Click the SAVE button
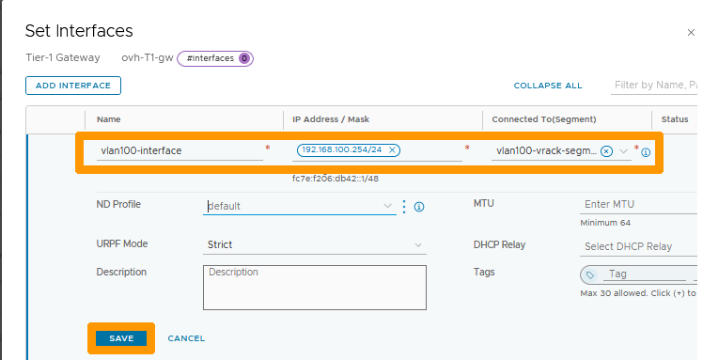point(121,338)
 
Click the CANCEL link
point(186,338)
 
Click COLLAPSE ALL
point(548,86)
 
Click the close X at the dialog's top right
point(692,32)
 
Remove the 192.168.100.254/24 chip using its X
point(393,150)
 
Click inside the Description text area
point(315,287)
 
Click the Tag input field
point(644,274)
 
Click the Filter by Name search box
point(655,86)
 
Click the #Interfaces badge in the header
point(215,58)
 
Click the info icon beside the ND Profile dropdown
point(419,207)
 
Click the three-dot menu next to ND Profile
point(404,207)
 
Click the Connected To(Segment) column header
point(544,119)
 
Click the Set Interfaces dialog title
point(79,32)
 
